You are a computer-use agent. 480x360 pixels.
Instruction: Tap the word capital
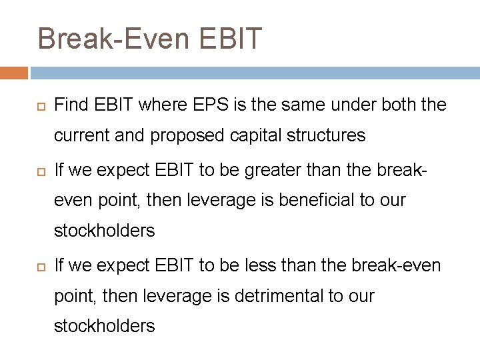[x=247, y=136]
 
